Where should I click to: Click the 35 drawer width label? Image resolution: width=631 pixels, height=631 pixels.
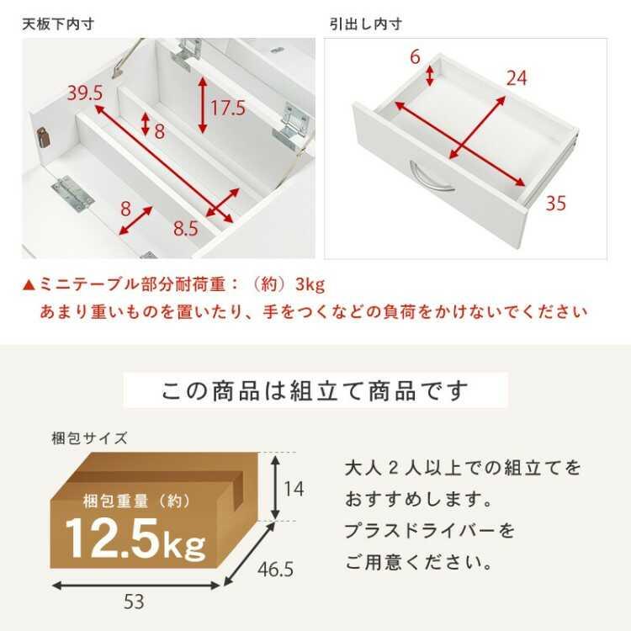[556, 203]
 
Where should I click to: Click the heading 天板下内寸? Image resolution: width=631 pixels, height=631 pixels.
[57, 24]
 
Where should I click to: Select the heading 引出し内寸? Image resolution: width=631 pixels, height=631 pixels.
[364, 24]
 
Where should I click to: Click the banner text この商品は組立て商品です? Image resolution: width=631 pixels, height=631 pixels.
[315, 391]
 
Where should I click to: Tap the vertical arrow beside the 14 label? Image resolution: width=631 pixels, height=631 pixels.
[274, 486]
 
